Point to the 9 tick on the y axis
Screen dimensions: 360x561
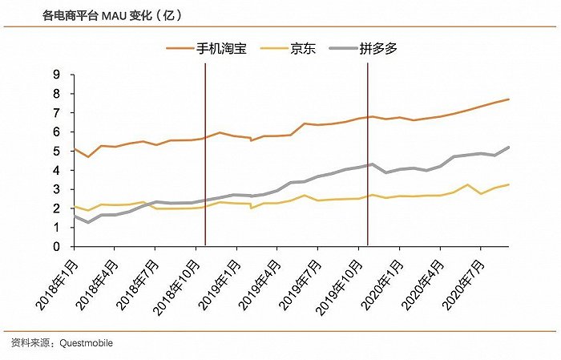56,75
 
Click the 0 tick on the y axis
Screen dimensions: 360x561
56,247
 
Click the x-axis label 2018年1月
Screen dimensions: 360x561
56,284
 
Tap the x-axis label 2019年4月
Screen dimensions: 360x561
260,284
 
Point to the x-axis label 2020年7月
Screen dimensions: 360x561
463,284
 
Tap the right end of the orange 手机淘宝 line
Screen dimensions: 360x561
509,99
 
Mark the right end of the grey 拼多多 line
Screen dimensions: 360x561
509,148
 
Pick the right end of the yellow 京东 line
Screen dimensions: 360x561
509,184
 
